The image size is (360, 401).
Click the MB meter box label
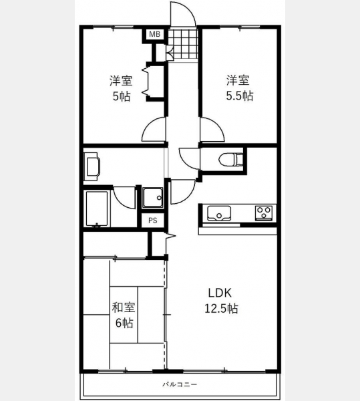(154, 34)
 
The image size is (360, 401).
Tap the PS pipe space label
(153, 221)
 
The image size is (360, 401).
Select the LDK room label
(220, 293)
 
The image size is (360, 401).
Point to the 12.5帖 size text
(221, 308)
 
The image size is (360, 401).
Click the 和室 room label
(124, 307)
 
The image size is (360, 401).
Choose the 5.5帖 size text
(240, 96)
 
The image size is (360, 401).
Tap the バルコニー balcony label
(180, 384)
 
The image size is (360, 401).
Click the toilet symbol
(230, 159)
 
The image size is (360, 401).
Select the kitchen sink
(219, 214)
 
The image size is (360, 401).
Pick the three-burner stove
(264, 213)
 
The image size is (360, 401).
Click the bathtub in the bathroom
(97, 209)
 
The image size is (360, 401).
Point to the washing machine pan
(152, 197)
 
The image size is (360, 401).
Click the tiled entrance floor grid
(183, 44)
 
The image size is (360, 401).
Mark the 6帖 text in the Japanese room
(124, 323)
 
